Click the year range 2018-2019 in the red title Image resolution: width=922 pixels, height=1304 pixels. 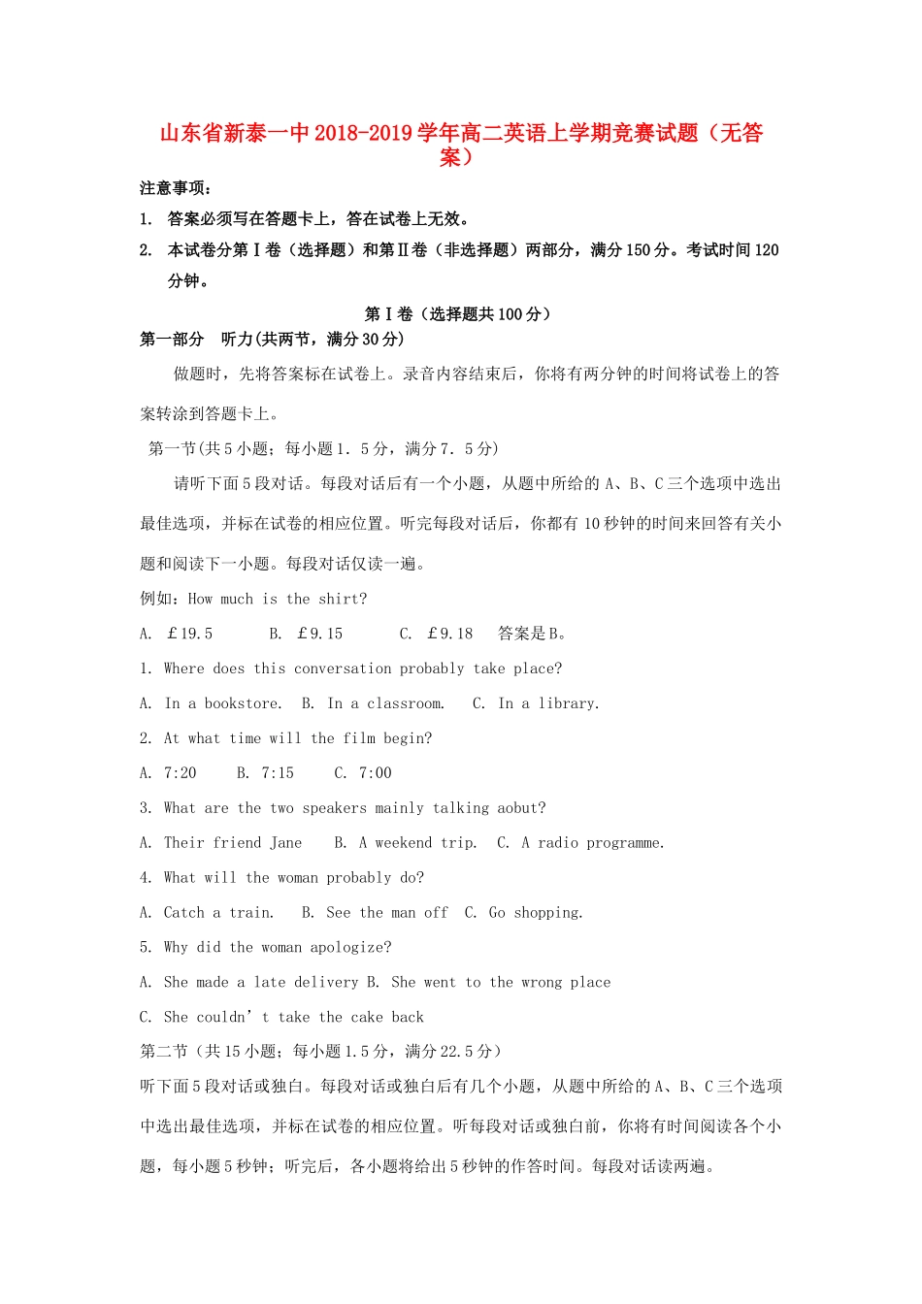[363, 133]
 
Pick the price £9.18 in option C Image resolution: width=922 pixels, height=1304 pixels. [449, 634]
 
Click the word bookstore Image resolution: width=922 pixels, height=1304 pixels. [243, 703]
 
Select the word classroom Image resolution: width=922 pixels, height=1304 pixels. [406, 703]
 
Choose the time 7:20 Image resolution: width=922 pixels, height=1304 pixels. [180, 773]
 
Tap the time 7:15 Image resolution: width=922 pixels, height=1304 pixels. [278, 773]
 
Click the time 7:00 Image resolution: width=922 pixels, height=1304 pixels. [376, 773]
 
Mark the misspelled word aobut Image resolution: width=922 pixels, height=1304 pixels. [521, 808]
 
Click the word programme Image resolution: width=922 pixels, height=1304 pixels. [625, 843]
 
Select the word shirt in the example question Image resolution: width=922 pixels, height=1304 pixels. [342, 599]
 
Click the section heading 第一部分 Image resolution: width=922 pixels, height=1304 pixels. [172, 339]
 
